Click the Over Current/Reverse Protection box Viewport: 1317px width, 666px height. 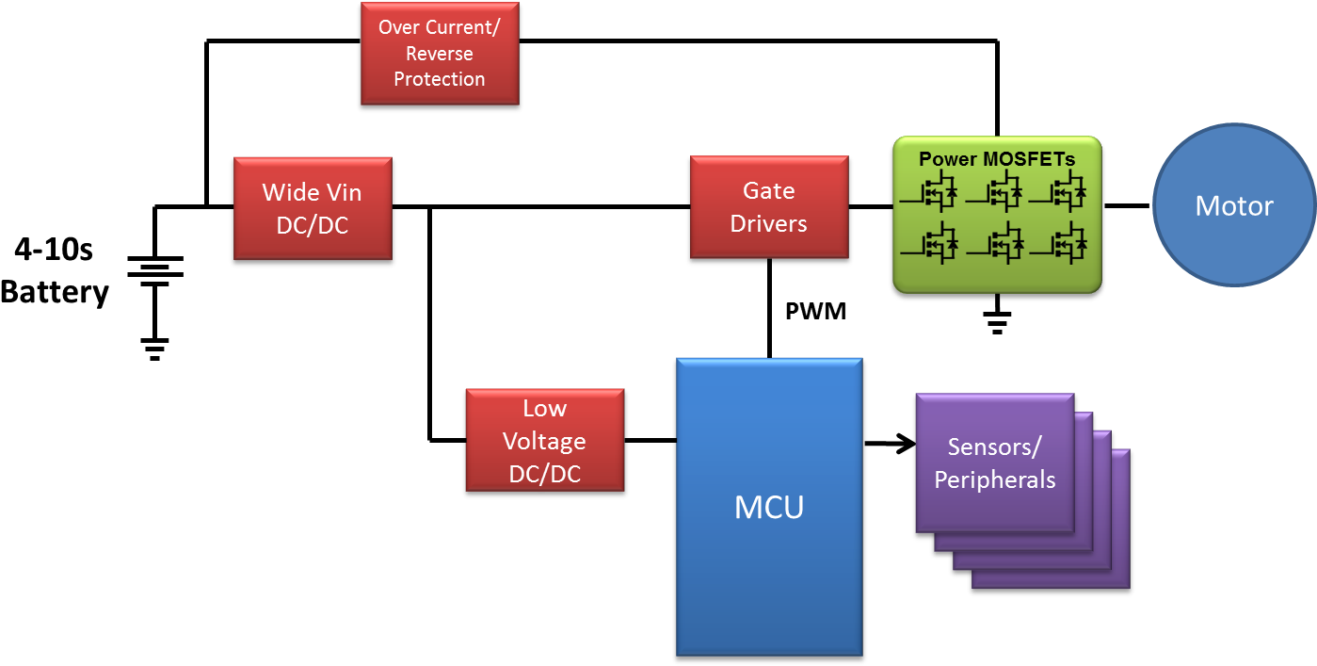pyautogui.click(x=440, y=53)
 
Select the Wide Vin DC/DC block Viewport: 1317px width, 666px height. pyautogui.click(x=313, y=208)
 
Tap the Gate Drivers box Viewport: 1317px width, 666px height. pyautogui.click(x=769, y=207)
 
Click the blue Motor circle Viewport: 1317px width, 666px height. pyautogui.click(x=1234, y=206)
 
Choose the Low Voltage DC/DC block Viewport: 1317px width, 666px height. pyautogui.click(x=544, y=441)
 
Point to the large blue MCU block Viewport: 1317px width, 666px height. pyautogui.click(x=769, y=507)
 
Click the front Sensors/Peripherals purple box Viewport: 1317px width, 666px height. pyautogui.click(x=994, y=463)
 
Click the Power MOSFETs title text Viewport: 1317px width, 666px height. pyautogui.click(x=997, y=159)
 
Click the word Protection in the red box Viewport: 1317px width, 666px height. pyautogui.click(x=440, y=79)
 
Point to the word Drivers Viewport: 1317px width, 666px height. pyautogui.click(x=769, y=224)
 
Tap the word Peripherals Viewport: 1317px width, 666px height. pyautogui.click(x=994, y=479)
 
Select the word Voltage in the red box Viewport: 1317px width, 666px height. pyautogui.click(x=544, y=442)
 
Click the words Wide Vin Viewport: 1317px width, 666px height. pyautogui.click(x=313, y=192)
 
